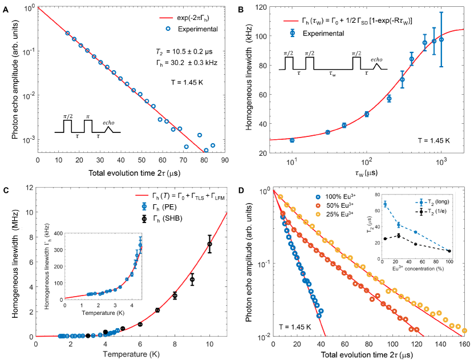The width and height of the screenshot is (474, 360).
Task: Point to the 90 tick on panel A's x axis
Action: coord(228,161)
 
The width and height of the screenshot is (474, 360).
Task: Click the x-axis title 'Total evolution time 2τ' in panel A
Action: coord(132,172)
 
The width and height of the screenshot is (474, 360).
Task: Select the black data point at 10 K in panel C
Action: coord(210,244)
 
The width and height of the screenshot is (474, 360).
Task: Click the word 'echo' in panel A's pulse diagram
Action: coord(108,122)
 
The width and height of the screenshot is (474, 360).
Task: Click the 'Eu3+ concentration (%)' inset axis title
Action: coord(423,266)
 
